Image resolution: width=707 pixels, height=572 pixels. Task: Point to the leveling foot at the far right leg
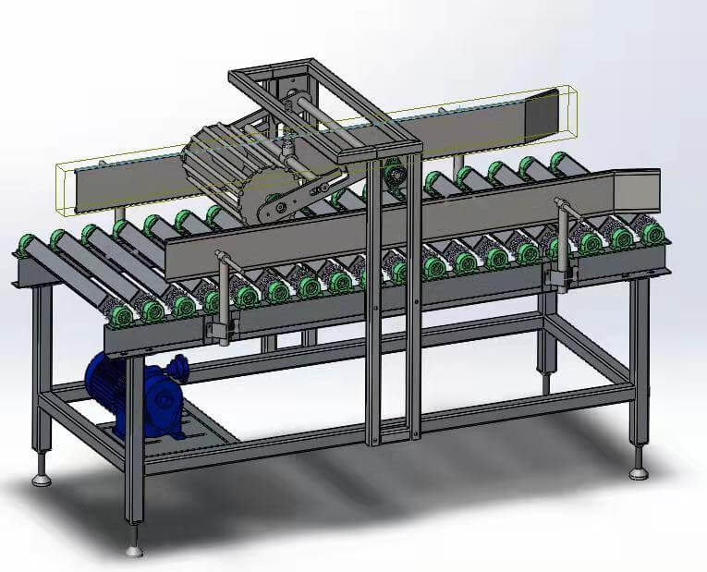639,473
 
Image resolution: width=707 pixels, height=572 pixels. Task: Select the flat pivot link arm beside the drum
296,198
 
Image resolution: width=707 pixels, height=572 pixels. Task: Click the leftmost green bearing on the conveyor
25,248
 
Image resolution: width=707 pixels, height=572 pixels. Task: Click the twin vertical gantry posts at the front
394,305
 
